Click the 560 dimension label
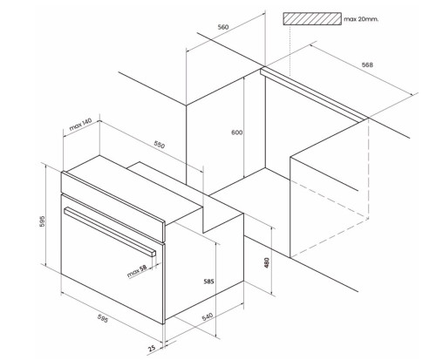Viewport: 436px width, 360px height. tap(223, 27)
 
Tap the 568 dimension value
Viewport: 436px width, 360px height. tap(367, 65)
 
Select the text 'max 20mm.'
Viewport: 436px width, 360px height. tap(361, 19)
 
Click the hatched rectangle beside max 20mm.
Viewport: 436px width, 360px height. tap(312, 19)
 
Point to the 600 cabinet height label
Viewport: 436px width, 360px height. tap(237, 132)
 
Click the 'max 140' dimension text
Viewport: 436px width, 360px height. tap(80, 124)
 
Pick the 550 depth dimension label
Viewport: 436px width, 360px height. tap(160, 145)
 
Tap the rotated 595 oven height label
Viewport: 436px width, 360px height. tap(43, 221)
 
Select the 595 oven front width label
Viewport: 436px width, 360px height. tap(102, 318)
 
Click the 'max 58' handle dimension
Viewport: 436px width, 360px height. tap(137, 271)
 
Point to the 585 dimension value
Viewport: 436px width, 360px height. tap(208, 282)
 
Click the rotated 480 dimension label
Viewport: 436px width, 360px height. tap(267, 263)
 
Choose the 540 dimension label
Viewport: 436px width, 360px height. tap(208, 316)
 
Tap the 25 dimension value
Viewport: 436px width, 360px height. tap(152, 348)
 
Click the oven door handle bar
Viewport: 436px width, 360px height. tap(110, 232)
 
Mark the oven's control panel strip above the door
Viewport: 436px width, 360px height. tap(113, 207)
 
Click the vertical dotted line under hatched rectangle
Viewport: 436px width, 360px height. tap(290, 51)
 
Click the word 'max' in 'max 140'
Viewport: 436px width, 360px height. tap(75, 126)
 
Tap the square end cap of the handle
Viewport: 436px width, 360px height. tap(153, 253)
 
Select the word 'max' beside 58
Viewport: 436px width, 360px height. tap(133, 273)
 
